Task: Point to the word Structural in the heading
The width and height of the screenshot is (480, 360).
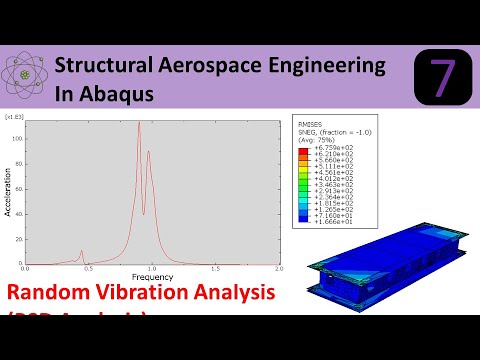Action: (104, 66)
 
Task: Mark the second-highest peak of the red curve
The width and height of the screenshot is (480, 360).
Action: (148, 152)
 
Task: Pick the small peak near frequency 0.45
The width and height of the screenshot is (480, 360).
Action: (82, 252)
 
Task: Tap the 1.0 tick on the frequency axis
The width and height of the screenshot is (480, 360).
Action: (152, 268)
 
